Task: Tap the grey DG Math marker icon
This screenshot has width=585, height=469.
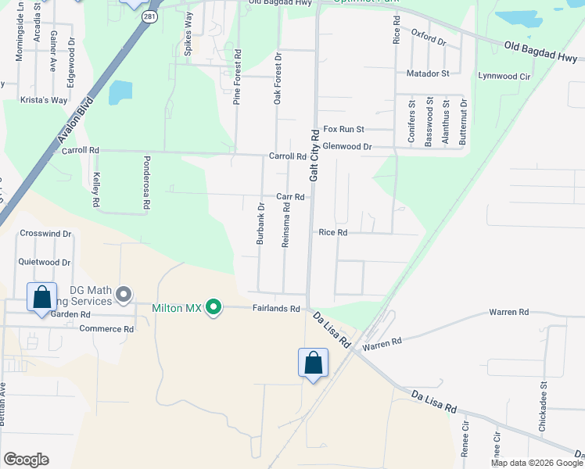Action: [x=123, y=295]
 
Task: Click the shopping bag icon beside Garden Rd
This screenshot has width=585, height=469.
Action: [x=41, y=298]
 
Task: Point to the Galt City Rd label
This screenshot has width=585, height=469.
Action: [x=314, y=156]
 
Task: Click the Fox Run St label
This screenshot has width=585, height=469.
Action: [x=344, y=129]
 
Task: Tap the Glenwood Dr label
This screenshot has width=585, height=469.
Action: [x=346, y=146]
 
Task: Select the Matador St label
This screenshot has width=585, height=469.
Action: [x=428, y=73]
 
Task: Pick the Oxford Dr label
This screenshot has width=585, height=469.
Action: [x=428, y=38]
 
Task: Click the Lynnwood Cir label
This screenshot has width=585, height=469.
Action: [x=504, y=76]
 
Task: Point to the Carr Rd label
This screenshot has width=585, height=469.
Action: [x=289, y=197]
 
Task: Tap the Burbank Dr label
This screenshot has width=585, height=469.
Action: [x=261, y=224]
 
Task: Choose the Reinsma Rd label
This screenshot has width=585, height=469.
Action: [x=286, y=224]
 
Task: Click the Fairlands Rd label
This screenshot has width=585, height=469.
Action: [x=276, y=309]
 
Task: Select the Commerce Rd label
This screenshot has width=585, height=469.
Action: [x=106, y=329]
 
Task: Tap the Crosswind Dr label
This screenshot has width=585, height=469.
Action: [x=45, y=233]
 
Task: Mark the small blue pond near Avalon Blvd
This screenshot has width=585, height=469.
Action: [x=120, y=92]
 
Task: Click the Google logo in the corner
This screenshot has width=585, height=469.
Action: [x=26, y=460]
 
